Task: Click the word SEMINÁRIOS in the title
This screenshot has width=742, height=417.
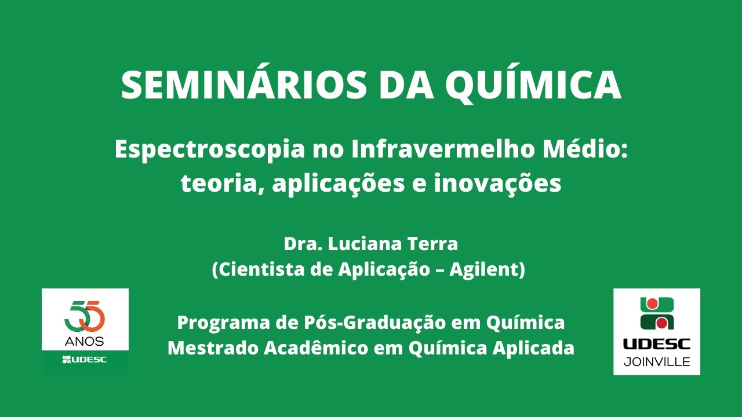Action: click(243, 84)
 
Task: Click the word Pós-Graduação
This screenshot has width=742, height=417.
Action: click(350, 323)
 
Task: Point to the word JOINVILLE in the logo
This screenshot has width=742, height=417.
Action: click(657, 363)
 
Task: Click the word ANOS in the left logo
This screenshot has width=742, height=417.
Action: click(85, 341)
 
